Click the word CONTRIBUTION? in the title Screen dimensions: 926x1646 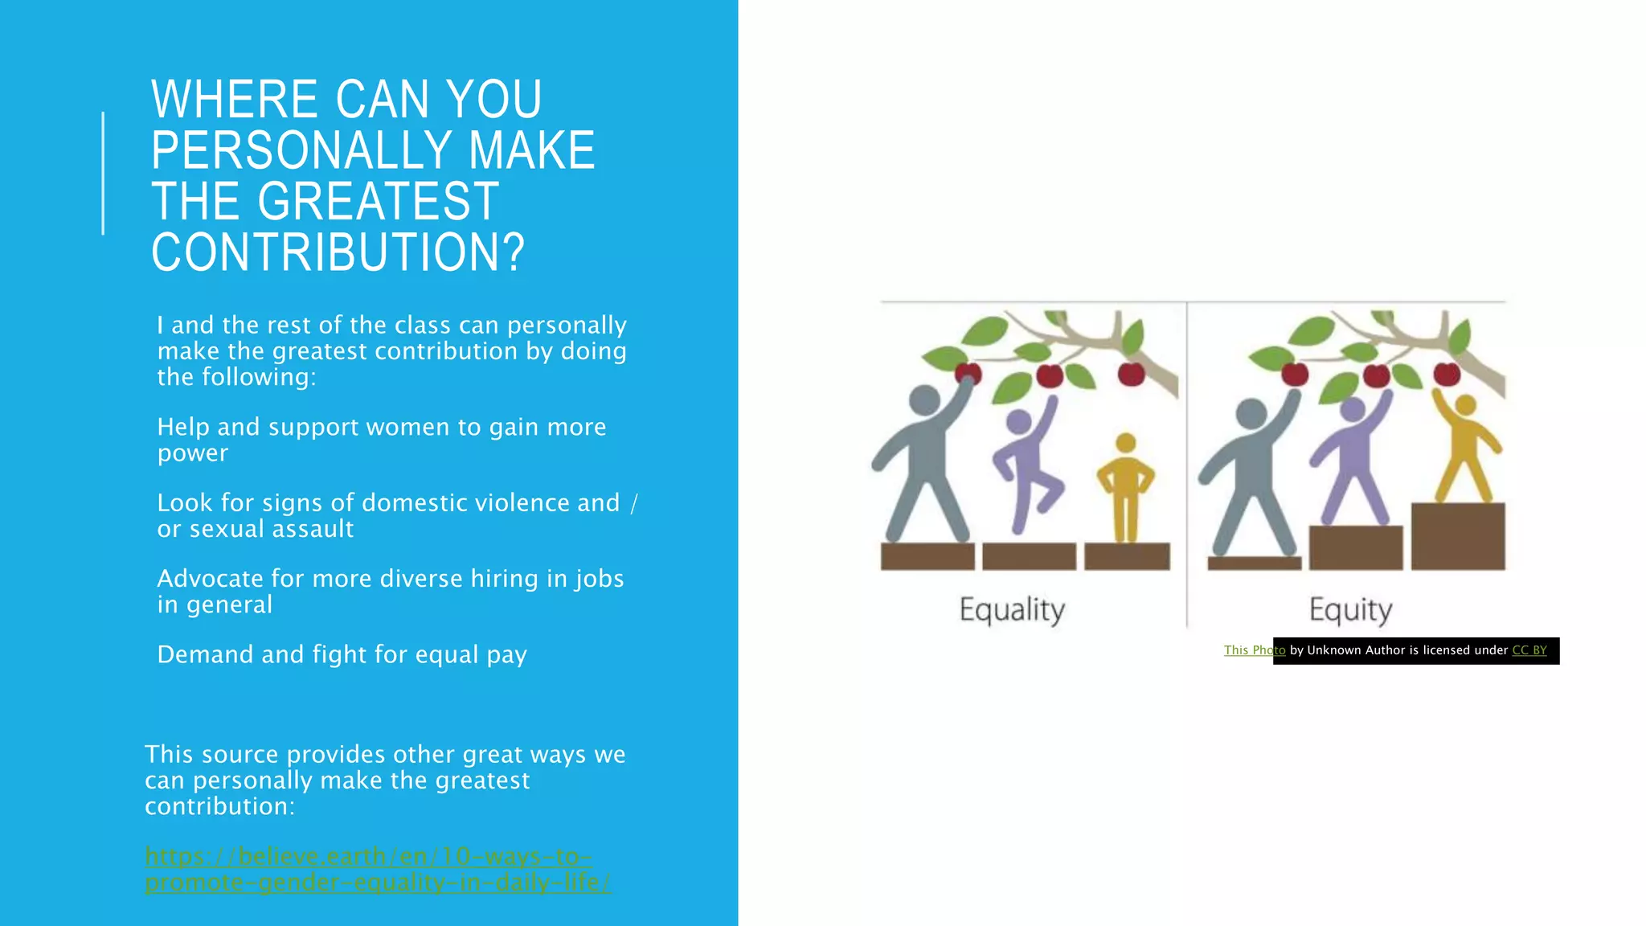click(x=338, y=252)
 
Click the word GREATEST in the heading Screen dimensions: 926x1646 click(x=378, y=201)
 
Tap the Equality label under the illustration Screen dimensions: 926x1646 click(x=1012, y=610)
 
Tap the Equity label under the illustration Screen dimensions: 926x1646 click(x=1350, y=610)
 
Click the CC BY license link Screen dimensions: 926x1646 click(x=1529, y=650)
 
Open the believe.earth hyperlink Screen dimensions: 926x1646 click(x=378, y=869)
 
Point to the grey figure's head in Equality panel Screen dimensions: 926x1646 click(x=924, y=400)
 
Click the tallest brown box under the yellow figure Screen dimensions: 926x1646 click(x=1458, y=536)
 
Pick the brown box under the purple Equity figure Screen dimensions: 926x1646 click(x=1356, y=547)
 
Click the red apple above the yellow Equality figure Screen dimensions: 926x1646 click(x=1132, y=374)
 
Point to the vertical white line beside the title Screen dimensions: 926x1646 click(x=103, y=173)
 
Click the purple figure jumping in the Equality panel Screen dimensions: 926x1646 click(x=1025, y=466)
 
